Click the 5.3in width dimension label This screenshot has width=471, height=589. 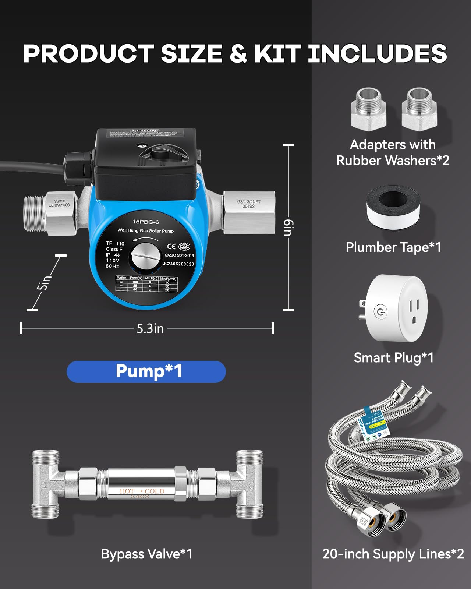pos(150,328)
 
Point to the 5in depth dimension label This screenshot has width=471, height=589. pos(44,282)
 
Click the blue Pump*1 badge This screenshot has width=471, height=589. pos(146,371)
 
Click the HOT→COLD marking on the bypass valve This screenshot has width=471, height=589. pos(142,491)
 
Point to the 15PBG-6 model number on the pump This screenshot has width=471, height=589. pos(146,222)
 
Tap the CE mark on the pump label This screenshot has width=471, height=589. pos(171,247)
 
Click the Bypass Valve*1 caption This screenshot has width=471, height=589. pos(146,554)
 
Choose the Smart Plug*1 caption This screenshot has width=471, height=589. pos(393,357)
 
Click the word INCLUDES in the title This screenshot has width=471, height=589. pos(377,54)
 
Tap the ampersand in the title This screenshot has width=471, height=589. pos(238,54)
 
